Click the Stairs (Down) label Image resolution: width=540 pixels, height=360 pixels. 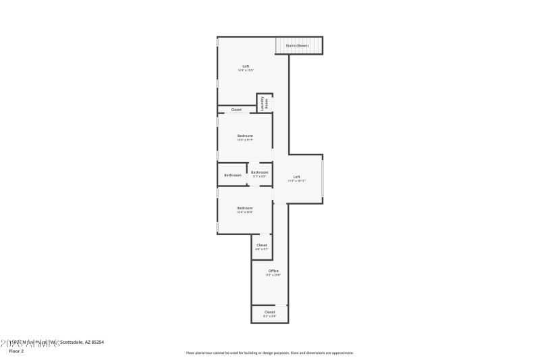[x=297, y=46]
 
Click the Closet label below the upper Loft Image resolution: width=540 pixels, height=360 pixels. [x=236, y=109]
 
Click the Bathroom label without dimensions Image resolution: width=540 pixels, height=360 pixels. [x=233, y=175]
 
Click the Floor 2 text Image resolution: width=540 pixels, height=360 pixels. [x=17, y=351]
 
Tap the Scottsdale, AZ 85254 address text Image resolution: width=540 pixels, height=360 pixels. [x=81, y=342]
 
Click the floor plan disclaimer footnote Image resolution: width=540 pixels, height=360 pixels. [x=269, y=353]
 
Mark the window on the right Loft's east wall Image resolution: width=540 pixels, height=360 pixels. [x=323, y=178]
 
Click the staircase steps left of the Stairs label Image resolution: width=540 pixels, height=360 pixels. [x=280, y=46]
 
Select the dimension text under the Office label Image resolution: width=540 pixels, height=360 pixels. [x=273, y=276]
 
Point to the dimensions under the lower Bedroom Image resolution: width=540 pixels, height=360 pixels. [x=244, y=212]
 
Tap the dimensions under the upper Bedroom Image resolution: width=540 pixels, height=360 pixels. [x=244, y=140]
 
